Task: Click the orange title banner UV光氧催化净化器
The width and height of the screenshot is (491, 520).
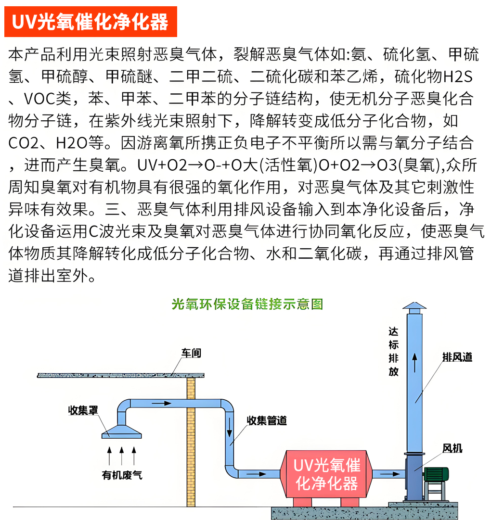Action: [x=90, y=22]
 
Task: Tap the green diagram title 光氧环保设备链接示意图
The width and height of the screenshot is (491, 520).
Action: [x=247, y=304]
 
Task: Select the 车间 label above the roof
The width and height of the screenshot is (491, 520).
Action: [x=191, y=353]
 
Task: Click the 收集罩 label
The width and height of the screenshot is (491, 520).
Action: [x=83, y=410]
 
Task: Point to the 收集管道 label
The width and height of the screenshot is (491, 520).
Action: [x=267, y=420]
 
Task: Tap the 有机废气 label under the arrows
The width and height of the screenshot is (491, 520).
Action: [x=122, y=475]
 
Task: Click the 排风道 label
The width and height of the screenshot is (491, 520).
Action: [x=457, y=357]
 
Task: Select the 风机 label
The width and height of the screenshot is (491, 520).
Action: [x=452, y=448]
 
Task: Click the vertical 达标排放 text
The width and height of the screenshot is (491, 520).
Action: [x=393, y=352]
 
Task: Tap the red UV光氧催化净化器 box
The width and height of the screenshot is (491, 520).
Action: [x=326, y=474]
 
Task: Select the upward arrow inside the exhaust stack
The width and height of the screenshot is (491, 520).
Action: [x=414, y=363]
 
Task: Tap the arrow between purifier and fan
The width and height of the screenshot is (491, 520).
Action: [x=390, y=474]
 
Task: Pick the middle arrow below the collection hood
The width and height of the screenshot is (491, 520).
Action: [x=122, y=456]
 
